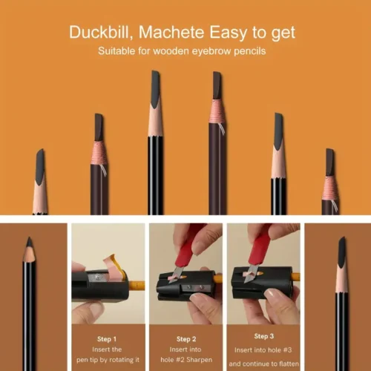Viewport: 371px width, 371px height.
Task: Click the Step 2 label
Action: coord(185,337)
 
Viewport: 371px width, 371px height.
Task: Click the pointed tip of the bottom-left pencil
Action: coord(28,241)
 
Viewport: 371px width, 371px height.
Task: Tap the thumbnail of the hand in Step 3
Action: coord(276,301)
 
